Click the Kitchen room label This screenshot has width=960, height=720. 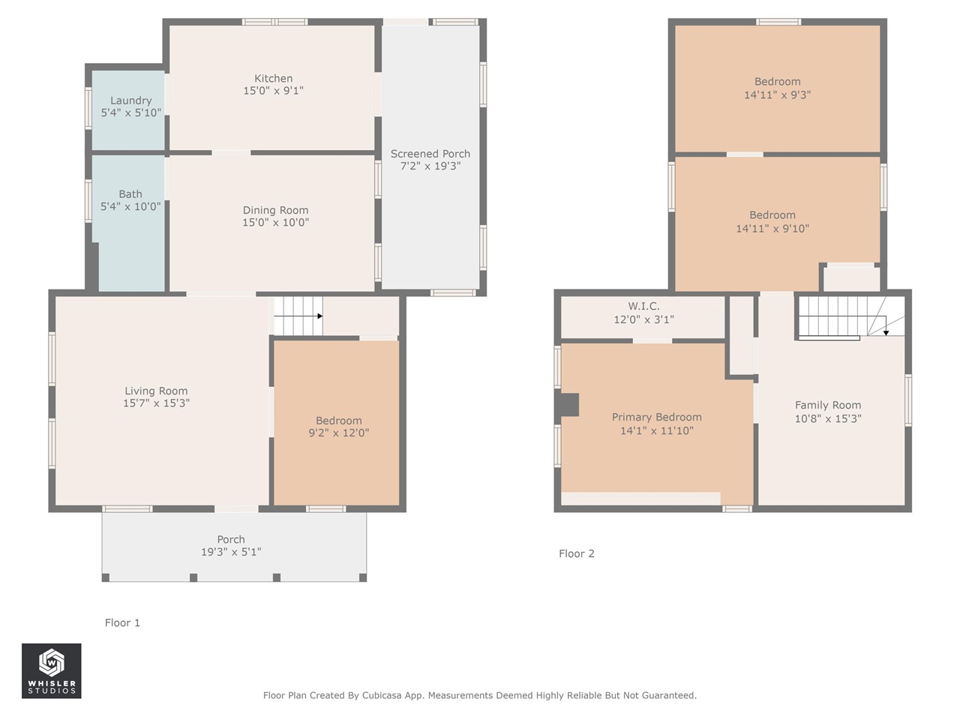[x=273, y=79]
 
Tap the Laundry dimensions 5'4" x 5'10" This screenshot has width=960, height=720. [x=131, y=112]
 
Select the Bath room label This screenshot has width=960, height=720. [x=130, y=194]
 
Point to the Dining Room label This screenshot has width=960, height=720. [x=275, y=210]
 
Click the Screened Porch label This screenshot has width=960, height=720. [x=430, y=154]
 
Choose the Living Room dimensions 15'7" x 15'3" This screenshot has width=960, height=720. [x=156, y=403]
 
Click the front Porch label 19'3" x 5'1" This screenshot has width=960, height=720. [x=231, y=545]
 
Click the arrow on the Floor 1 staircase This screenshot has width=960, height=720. [x=298, y=316]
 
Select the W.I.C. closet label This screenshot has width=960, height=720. [x=643, y=307]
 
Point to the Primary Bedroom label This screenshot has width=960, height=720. [x=657, y=418]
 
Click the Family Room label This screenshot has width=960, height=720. [x=828, y=406]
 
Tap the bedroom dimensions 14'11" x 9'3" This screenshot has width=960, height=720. [x=778, y=94]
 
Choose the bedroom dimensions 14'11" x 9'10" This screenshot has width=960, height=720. [x=772, y=229]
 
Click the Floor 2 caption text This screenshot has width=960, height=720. [x=577, y=554]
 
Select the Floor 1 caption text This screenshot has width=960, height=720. [x=122, y=623]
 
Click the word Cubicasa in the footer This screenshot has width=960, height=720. [x=382, y=695]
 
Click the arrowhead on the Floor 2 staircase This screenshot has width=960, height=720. [x=886, y=333]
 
